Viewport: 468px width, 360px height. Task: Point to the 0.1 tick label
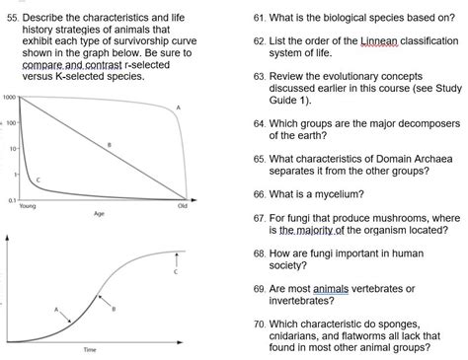coord(10,199)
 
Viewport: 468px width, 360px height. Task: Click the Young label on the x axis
coord(28,206)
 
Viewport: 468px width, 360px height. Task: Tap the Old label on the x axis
coord(183,206)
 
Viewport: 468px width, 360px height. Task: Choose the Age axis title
coord(99,213)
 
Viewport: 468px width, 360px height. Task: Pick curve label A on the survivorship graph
coord(178,107)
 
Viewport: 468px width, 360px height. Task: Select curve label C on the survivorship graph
coord(38,180)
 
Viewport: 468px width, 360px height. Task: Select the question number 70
coord(260,323)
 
